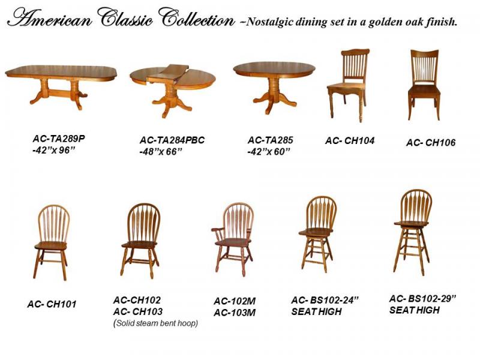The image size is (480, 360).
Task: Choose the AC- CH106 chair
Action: [424, 85]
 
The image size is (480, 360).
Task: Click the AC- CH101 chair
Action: [52, 242]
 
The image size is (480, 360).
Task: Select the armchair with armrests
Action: [232, 239]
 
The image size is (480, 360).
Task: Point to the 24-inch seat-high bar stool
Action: [317, 234]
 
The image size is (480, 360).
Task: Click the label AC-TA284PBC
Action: [172, 140]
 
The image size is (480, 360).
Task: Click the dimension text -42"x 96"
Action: [53, 151]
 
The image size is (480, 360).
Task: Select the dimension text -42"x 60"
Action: [268, 152]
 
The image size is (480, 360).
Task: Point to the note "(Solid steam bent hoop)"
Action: [155, 323]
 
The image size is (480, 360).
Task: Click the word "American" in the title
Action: [50, 20]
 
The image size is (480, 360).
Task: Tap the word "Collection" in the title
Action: [196, 19]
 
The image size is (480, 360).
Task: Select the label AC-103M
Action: [235, 313]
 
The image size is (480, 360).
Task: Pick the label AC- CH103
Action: [138, 311]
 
